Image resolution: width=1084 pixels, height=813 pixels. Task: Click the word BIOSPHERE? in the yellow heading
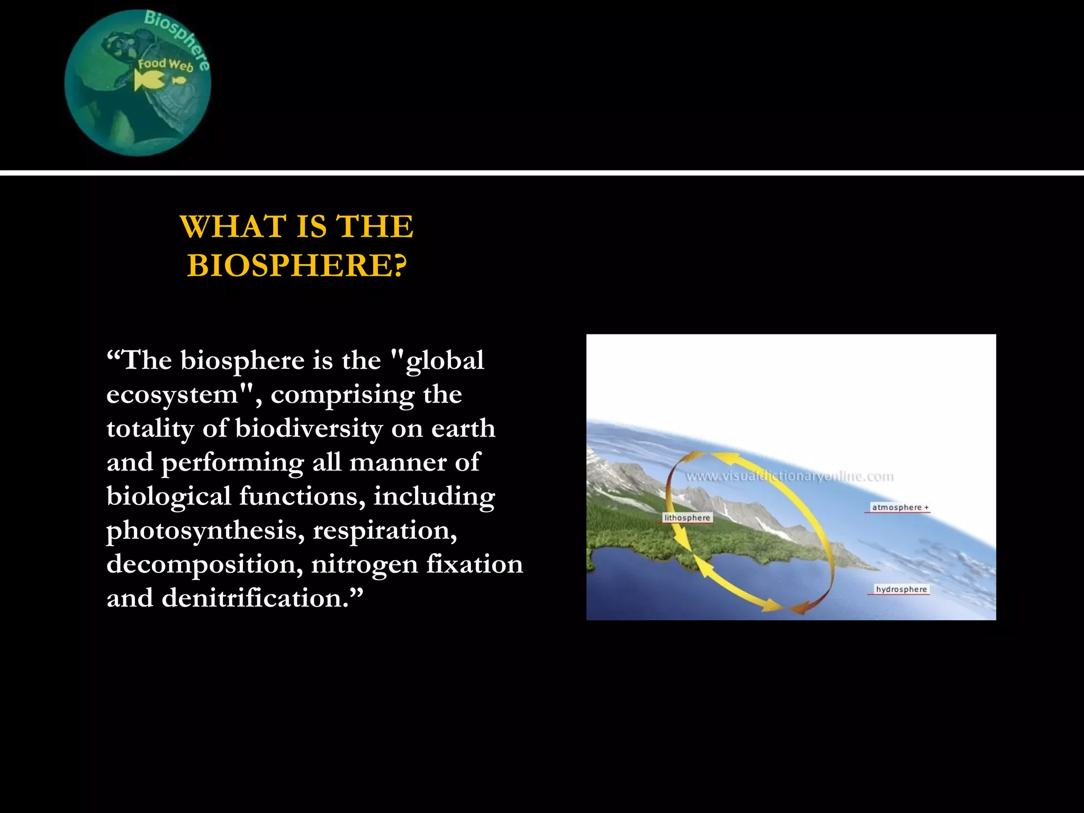pyautogui.click(x=297, y=265)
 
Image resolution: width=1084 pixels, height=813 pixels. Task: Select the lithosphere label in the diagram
pyautogui.click(x=687, y=518)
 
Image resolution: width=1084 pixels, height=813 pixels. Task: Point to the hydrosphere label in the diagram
pyautogui.click(x=901, y=589)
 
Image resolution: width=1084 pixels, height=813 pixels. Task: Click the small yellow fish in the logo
pyautogui.click(x=179, y=80)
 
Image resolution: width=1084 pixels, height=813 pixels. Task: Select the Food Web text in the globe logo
pyautogui.click(x=165, y=65)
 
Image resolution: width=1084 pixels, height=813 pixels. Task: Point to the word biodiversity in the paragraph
pyautogui.click(x=309, y=429)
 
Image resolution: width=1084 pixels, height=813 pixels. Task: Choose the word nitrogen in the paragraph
pyautogui.click(x=364, y=565)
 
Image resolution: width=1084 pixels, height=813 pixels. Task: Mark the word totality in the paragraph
pyautogui.click(x=149, y=429)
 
